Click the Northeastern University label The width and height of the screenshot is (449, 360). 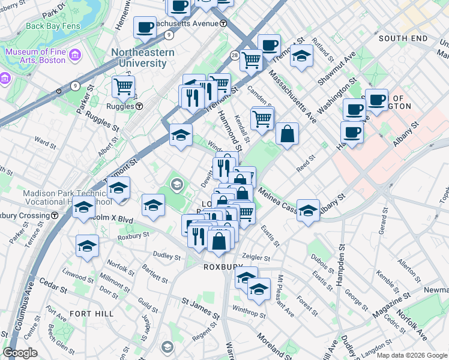click(143, 59)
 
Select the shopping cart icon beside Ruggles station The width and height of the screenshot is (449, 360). click(123, 86)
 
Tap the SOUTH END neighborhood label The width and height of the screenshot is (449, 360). click(403, 38)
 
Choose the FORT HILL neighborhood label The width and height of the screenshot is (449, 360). click(89, 313)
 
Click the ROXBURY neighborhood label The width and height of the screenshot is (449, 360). click(221, 267)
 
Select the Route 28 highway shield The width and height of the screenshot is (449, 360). click(234, 55)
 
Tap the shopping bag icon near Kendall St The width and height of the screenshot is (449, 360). click(288, 134)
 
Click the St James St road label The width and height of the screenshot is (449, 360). click(201, 311)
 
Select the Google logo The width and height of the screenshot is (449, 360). click(20, 353)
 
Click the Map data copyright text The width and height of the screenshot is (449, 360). click(412, 355)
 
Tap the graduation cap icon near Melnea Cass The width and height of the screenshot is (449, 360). click(308, 211)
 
